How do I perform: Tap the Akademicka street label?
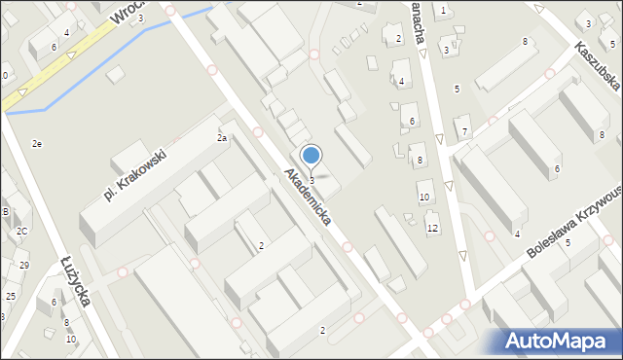tap(308, 197)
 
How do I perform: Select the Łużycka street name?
tap(75, 282)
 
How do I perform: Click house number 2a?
tap(222, 138)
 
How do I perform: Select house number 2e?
tap(36, 144)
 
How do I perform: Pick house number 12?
tap(432, 228)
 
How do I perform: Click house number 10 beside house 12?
tap(423, 198)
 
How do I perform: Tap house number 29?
tap(24, 266)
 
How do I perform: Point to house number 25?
tap(11, 296)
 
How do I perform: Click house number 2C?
tap(20, 232)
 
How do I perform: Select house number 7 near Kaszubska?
tap(465, 131)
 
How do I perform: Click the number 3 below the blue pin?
tap(311, 180)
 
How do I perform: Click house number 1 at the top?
tap(443, 11)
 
